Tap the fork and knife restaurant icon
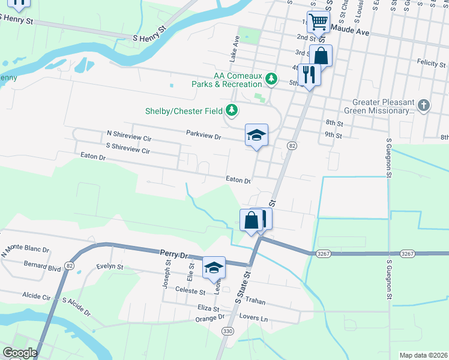pyautogui.click(x=309, y=74)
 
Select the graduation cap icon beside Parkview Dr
pyautogui.click(x=256, y=135)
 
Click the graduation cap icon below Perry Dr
pyautogui.click(x=213, y=268)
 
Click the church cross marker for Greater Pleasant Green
pyautogui.click(x=424, y=106)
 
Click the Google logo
pyautogui.click(x=19, y=352)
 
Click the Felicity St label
pyautogui.click(x=431, y=63)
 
